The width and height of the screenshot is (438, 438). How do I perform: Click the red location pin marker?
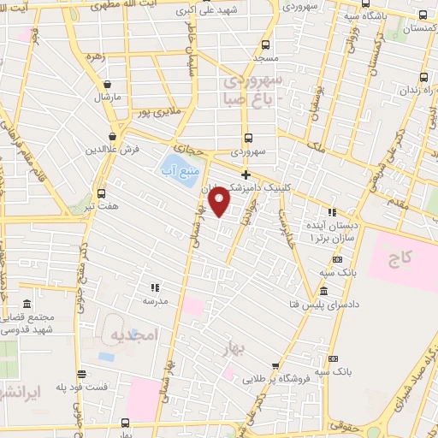(x=220, y=202)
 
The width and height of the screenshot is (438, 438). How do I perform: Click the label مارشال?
(x=106, y=99)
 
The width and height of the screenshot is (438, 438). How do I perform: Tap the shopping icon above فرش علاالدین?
(x=112, y=136)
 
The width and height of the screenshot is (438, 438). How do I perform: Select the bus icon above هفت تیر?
(x=102, y=193)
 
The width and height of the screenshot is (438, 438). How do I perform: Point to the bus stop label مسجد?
(x=266, y=58)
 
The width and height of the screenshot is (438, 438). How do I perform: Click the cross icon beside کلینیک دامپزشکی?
(x=246, y=175)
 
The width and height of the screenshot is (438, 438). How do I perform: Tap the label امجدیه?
(x=135, y=337)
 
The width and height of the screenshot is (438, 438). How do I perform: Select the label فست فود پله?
(x=82, y=387)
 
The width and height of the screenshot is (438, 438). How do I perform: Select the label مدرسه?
(x=155, y=301)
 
